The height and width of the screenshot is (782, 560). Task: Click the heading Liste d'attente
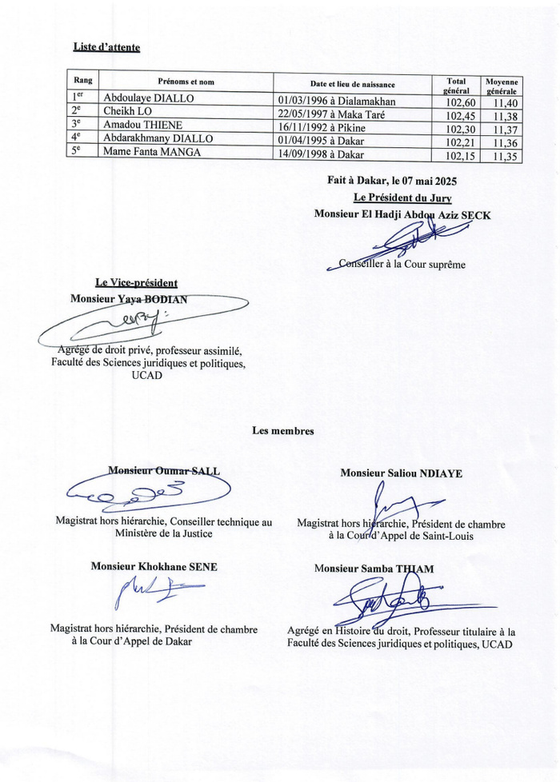click(x=106, y=47)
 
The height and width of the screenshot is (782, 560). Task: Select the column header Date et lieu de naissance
click(x=352, y=84)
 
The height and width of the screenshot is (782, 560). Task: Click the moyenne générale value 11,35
click(x=505, y=157)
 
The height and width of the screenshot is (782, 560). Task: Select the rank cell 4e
click(x=77, y=138)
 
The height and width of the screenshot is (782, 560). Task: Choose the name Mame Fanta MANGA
click(x=152, y=152)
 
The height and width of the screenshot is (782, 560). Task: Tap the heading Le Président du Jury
click(x=402, y=198)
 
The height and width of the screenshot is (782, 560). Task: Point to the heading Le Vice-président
click(x=136, y=282)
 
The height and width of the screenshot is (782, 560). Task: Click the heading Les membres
click(x=283, y=431)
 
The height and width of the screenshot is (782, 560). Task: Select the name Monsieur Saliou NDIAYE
click(x=401, y=473)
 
